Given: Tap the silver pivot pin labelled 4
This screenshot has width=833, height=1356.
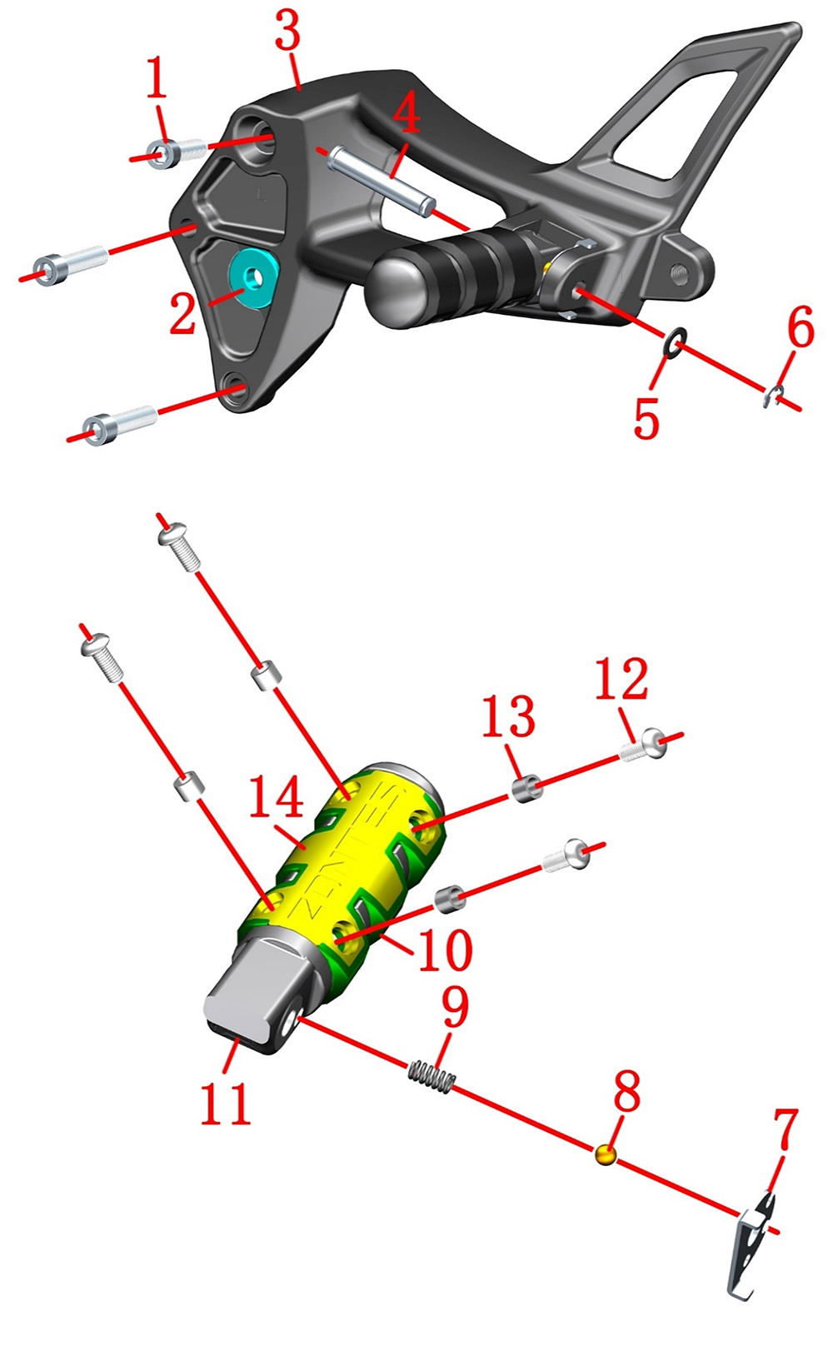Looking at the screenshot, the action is pyautogui.click(x=381, y=182).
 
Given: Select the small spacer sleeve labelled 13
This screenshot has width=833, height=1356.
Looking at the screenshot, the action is pyautogui.click(x=526, y=788).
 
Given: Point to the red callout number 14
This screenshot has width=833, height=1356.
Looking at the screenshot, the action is pyautogui.click(x=276, y=796).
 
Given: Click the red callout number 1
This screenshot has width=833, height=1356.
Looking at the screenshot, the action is pyautogui.click(x=157, y=77).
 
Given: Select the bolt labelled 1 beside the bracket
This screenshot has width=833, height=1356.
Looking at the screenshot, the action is pyautogui.click(x=177, y=150).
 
